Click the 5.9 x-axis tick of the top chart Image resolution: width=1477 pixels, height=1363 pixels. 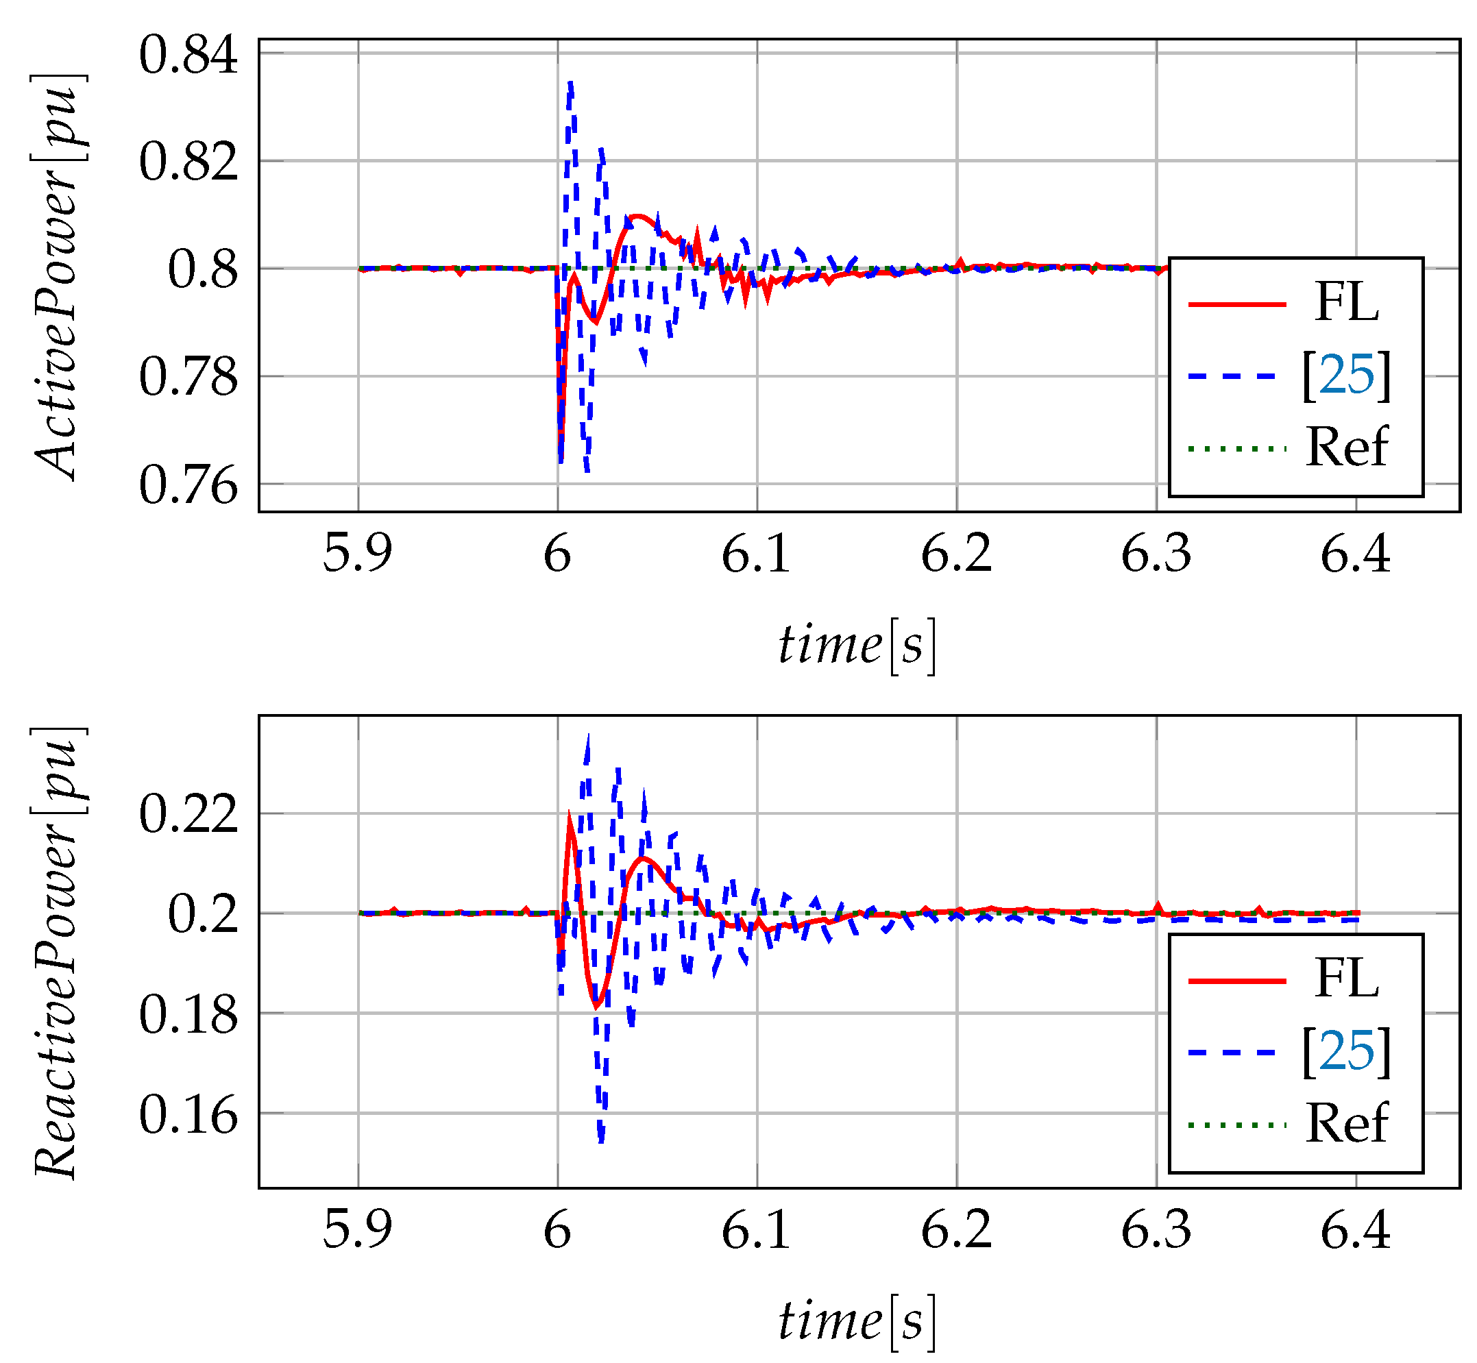tap(358, 554)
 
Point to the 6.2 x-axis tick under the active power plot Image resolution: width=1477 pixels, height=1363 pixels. tap(956, 554)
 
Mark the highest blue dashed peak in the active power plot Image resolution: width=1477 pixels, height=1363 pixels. tap(570, 84)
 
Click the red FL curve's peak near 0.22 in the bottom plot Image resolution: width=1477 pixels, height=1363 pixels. tap(569, 815)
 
